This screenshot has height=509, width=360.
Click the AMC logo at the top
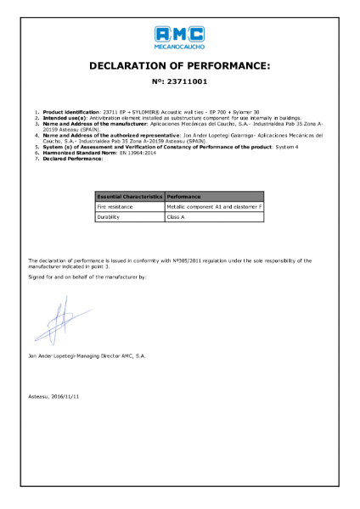point(180,33)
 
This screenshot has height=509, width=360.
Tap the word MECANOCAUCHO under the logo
point(180,46)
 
